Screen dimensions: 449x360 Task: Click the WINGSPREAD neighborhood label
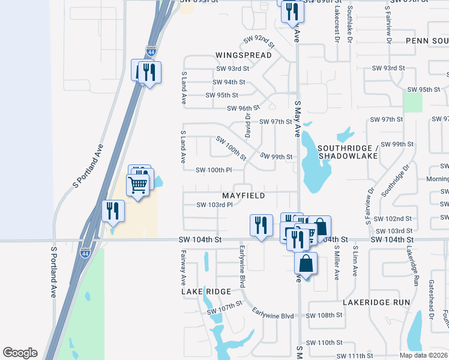pos(243,55)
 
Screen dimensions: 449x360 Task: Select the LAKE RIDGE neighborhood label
pos(206,292)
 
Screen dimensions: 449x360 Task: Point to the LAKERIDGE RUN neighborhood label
pos(376,302)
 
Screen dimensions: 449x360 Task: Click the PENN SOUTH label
pos(427,40)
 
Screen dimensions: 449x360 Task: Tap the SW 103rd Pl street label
pos(214,205)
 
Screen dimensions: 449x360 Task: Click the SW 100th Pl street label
pos(214,170)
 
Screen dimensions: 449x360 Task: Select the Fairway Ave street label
pos(184,268)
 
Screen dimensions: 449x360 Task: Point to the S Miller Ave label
pos(337,261)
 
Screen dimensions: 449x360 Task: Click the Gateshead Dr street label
pos(431,299)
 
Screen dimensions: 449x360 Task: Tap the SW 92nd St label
pos(259,41)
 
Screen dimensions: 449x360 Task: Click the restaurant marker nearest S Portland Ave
pos(113,211)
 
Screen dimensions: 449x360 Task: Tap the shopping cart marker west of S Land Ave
pos(137,185)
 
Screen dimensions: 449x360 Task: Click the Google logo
pos(20,353)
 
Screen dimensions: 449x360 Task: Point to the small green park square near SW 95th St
pos(412,102)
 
